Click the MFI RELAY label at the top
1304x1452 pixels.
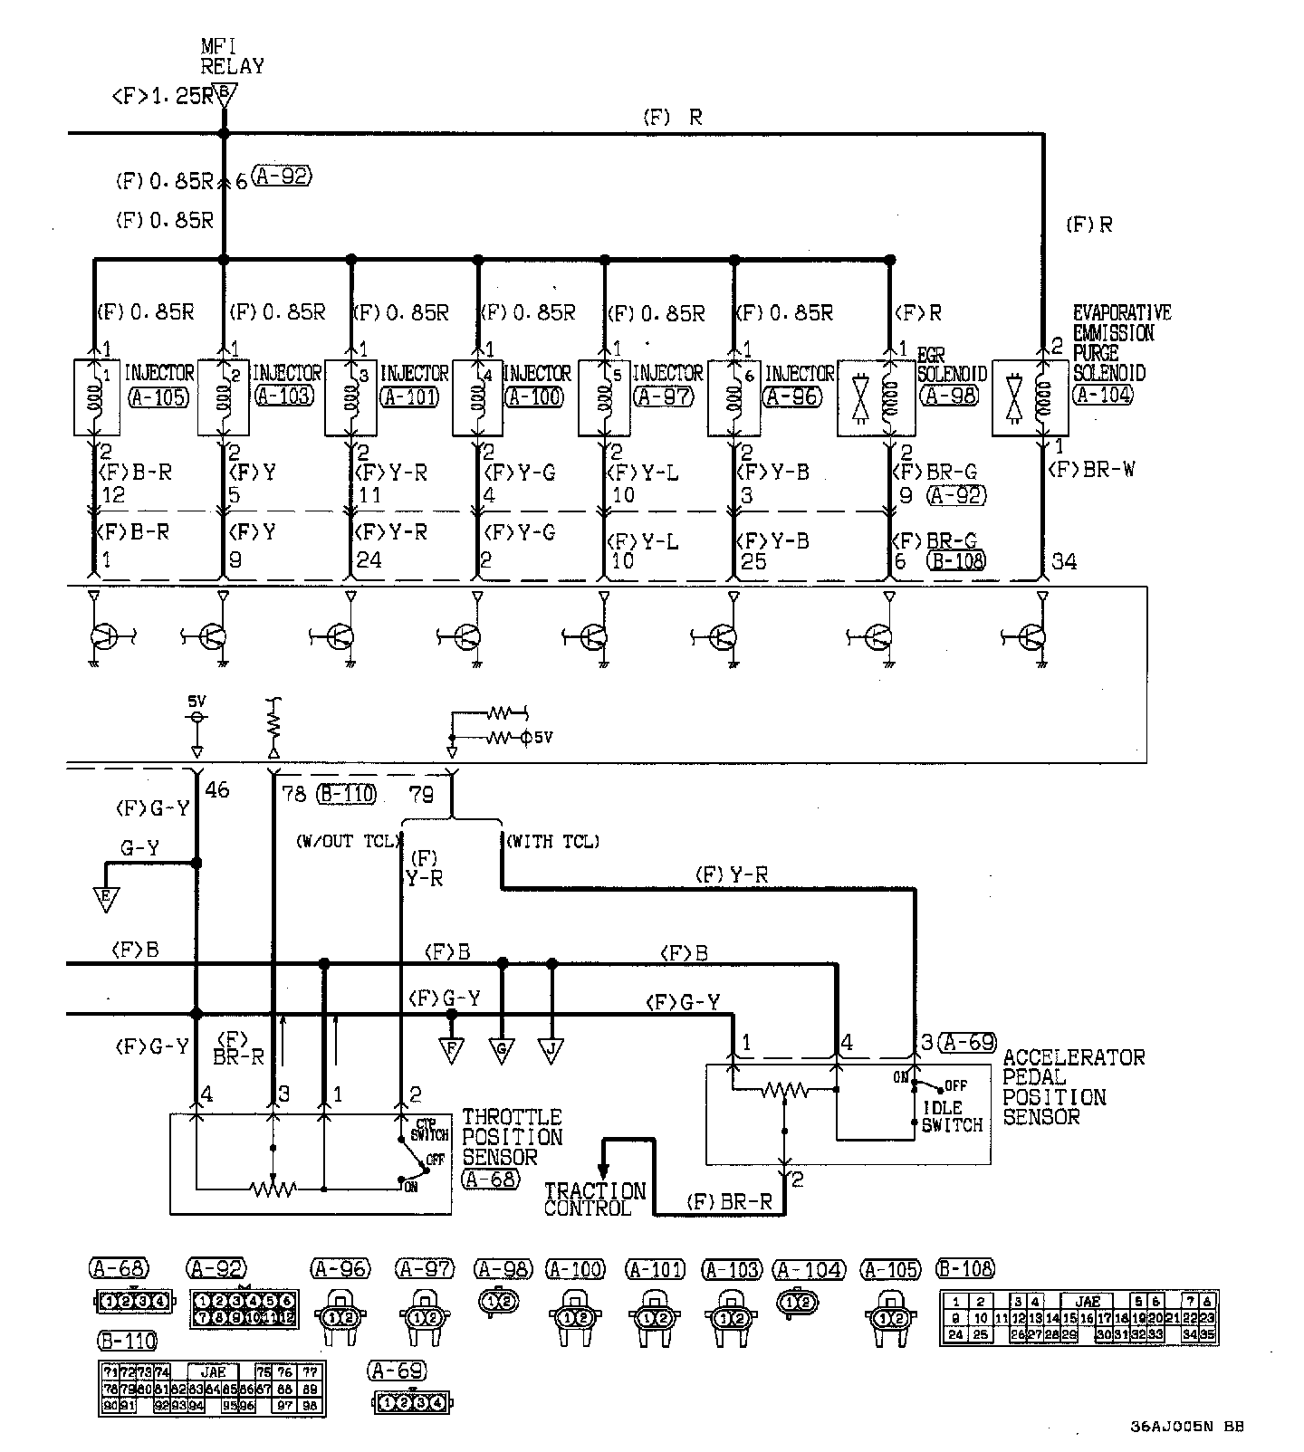click(232, 55)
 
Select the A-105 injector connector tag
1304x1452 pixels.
click(158, 396)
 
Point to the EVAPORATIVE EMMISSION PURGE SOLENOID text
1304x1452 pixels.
click(1121, 343)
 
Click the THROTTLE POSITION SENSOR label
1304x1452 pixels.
click(512, 1137)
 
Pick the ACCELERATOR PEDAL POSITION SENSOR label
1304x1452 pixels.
click(1073, 1086)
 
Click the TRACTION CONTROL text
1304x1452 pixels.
click(594, 1199)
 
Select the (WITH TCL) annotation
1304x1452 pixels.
click(551, 842)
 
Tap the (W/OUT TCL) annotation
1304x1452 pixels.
click(347, 842)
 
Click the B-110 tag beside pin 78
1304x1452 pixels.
click(346, 794)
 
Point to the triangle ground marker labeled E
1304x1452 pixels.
click(107, 899)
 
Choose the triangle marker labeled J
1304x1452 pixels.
click(551, 1051)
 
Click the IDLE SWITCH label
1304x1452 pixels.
click(951, 1116)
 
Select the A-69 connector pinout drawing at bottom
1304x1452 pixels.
click(412, 1404)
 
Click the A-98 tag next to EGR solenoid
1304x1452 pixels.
click(952, 396)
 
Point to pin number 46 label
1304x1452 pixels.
click(216, 790)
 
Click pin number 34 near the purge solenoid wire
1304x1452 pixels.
click(1064, 561)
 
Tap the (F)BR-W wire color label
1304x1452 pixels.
click(1090, 470)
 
